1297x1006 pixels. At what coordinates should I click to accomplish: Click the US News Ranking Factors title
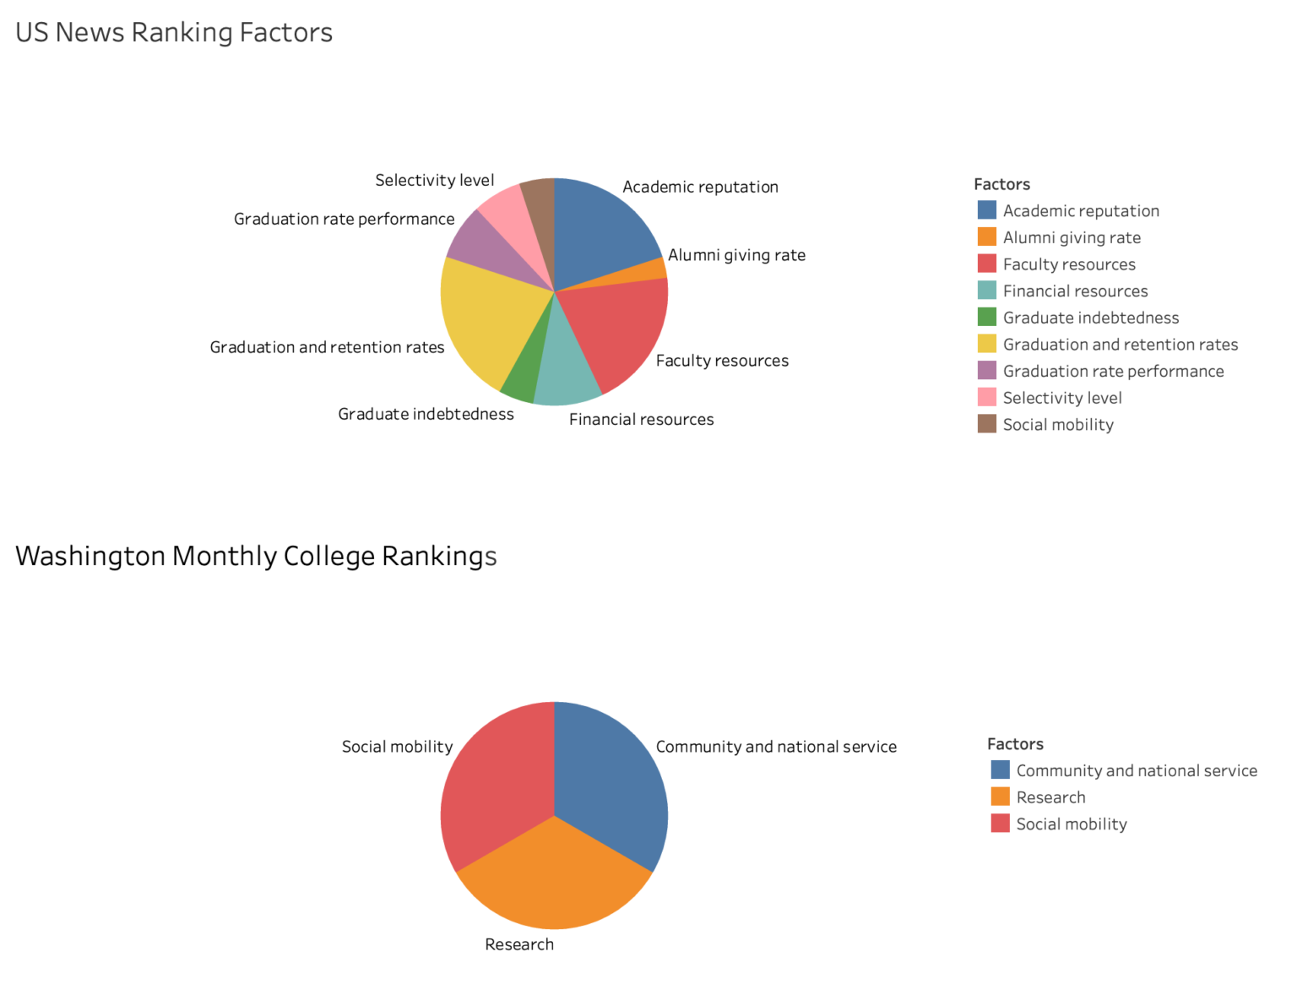pyautogui.click(x=174, y=32)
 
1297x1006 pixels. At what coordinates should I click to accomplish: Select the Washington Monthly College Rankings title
pyautogui.click(x=256, y=556)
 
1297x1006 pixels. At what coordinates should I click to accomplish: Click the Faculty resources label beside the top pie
pyautogui.click(x=722, y=361)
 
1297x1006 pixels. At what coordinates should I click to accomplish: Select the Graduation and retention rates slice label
pyautogui.click(x=327, y=347)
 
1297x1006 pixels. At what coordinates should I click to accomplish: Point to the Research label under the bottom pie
pyautogui.click(x=519, y=944)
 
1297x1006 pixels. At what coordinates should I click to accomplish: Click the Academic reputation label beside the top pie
pyautogui.click(x=700, y=187)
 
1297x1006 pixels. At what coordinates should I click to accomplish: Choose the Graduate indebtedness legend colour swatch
pyautogui.click(x=986, y=318)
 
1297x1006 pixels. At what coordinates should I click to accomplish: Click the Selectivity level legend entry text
pyautogui.click(x=1062, y=398)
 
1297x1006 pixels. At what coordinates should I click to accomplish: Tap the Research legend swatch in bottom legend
pyautogui.click(x=1000, y=797)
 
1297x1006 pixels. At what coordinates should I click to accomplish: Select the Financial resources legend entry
pyautogui.click(x=1075, y=291)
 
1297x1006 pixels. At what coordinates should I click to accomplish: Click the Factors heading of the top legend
pyautogui.click(x=1001, y=184)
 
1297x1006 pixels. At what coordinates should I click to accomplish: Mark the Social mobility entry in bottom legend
pyautogui.click(x=1071, y=824)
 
